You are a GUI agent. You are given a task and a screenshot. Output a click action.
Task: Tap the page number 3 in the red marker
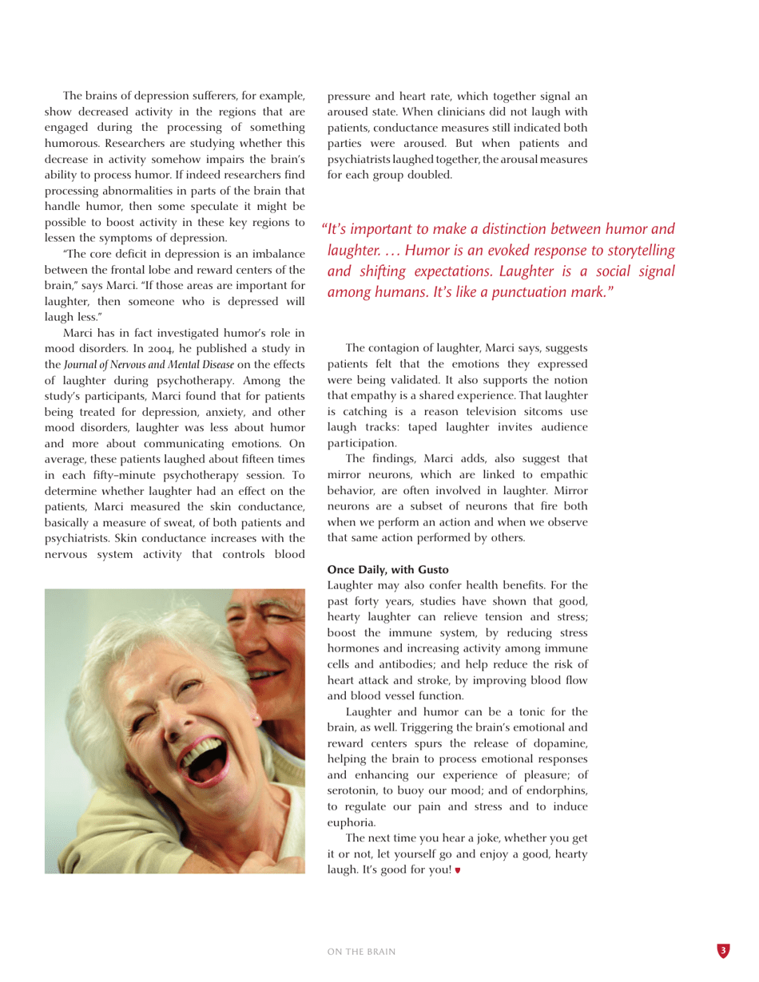(722, 950)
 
